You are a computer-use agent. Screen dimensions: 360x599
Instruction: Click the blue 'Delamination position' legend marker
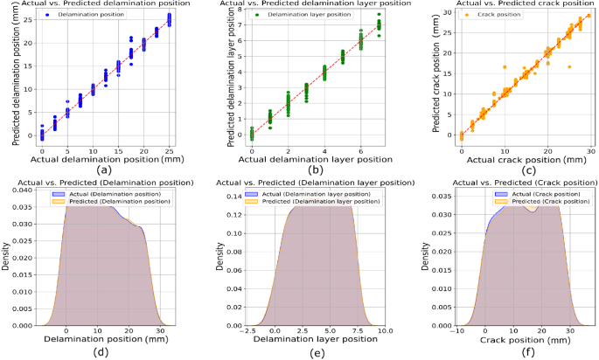click(44, 15)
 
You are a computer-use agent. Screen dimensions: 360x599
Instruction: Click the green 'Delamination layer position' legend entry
click(290, 15)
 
